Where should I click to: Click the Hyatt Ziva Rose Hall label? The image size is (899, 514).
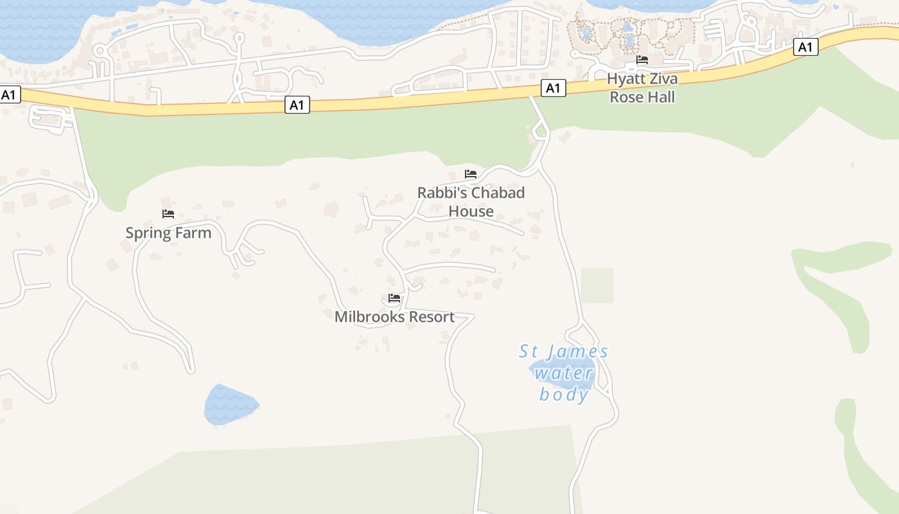(642, 88)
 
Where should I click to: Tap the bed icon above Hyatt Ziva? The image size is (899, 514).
(642, 60)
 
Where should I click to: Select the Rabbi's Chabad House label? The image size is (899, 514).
(471, 202)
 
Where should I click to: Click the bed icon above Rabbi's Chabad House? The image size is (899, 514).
(471, 173)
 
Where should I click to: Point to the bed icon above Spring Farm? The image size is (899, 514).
(168, 213)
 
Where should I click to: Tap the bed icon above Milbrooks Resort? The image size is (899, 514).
(394, 298)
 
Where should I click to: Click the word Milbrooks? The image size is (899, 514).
(369, 317)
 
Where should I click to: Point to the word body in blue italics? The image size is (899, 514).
(564, 394)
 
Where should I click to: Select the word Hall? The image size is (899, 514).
(661, 97)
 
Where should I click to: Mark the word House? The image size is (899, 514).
(471, 211)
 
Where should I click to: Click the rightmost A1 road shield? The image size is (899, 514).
(806, 47)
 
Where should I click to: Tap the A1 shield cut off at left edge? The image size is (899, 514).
(9, 95)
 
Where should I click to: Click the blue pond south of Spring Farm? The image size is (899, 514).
(230, 405)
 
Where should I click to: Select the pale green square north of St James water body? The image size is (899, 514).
(597, 285)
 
